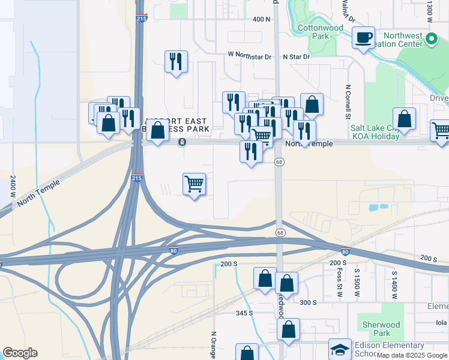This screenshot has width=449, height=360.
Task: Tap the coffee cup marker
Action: [363, 38]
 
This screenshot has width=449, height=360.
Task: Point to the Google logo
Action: [20, 353]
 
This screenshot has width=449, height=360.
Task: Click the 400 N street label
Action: [262, 19]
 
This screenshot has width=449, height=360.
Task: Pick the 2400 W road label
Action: [13, 187]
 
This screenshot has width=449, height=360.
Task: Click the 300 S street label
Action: [308, 302]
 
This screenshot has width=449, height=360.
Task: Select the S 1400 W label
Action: [394, 281]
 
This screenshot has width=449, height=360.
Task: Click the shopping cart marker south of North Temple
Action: [194, 184]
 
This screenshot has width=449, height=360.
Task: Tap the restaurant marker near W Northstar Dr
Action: [176, 61]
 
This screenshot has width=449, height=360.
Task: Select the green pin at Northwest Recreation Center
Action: [430, 40]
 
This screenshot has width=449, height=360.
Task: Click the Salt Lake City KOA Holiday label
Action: [375, 132]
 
